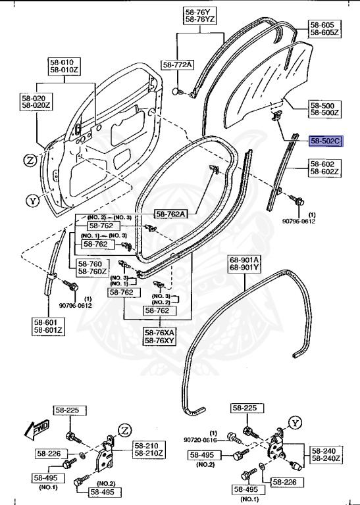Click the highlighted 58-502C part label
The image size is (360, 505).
(326, 141)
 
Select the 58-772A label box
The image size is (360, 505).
(178, 64)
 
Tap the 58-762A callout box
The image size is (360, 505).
(170, 213)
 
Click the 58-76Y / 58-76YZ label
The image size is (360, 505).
(199, 16)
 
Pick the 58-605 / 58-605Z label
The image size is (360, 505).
(324, 29)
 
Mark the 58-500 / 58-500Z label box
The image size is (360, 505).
(325, 109)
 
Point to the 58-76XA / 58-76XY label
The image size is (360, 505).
(160, 337)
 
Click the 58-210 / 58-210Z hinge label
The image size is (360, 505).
(149, 449)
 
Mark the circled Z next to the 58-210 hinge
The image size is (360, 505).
(124, 431)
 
